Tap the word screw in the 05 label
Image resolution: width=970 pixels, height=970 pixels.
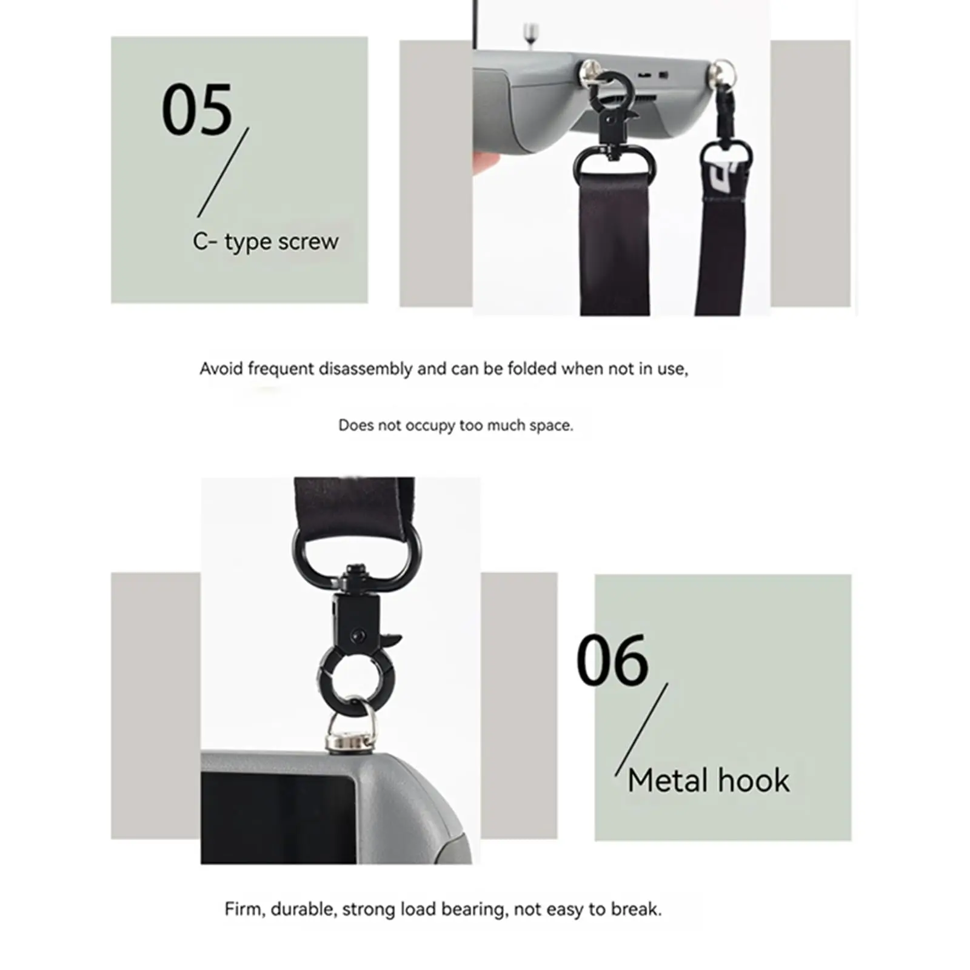click(308, 241)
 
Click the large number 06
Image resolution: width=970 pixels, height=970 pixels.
click(612, 660)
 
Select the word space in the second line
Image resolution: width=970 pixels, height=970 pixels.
click(551, 426)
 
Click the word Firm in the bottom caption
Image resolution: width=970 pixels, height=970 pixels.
click(245, 909)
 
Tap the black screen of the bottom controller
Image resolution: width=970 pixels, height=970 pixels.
click(278, 817)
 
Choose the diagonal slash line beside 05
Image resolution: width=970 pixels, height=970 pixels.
click(223, 172)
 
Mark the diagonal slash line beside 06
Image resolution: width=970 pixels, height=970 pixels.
click(641, 729)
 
